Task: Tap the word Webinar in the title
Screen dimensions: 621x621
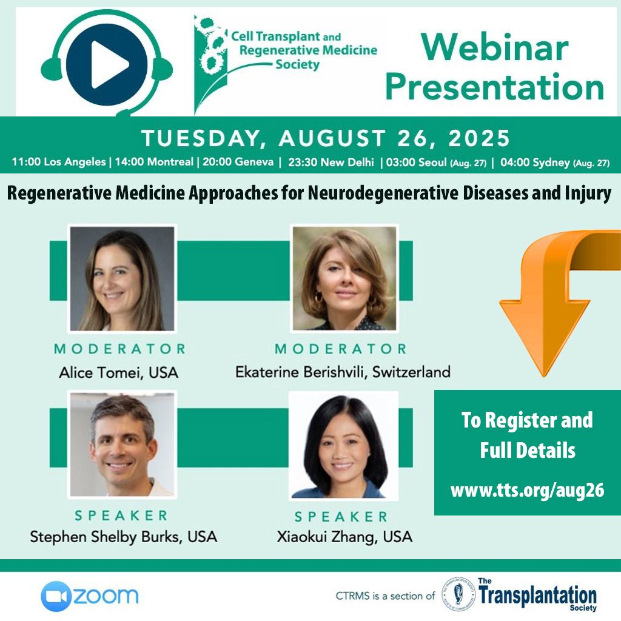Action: coord(495,47)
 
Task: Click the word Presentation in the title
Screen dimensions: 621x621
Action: coord(495,87)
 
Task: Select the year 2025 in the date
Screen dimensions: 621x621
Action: coord(479,138)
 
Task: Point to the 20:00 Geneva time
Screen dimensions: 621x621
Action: coord(238,162)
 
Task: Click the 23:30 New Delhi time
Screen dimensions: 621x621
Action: coord(331,163)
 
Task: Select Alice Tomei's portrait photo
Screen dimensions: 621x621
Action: coord(122,278)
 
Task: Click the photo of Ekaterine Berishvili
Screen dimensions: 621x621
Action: coord(344,278)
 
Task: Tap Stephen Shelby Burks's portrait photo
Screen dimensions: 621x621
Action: coord(122,445)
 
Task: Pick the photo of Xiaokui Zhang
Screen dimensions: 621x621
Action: coord(344,445)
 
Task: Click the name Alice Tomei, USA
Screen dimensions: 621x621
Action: coord(118,373)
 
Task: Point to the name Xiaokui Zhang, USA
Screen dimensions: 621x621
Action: coord(344,537)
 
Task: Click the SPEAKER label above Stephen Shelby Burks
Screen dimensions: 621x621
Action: coord(121,515)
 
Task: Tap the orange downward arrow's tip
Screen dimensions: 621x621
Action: coord(543,376)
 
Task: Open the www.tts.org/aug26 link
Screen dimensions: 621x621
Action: coord(527,490)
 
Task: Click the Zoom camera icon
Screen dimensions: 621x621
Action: coord(56,596)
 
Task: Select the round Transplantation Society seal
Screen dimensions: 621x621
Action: coord(458,594)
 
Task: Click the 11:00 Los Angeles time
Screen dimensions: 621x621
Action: coord(59,162)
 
